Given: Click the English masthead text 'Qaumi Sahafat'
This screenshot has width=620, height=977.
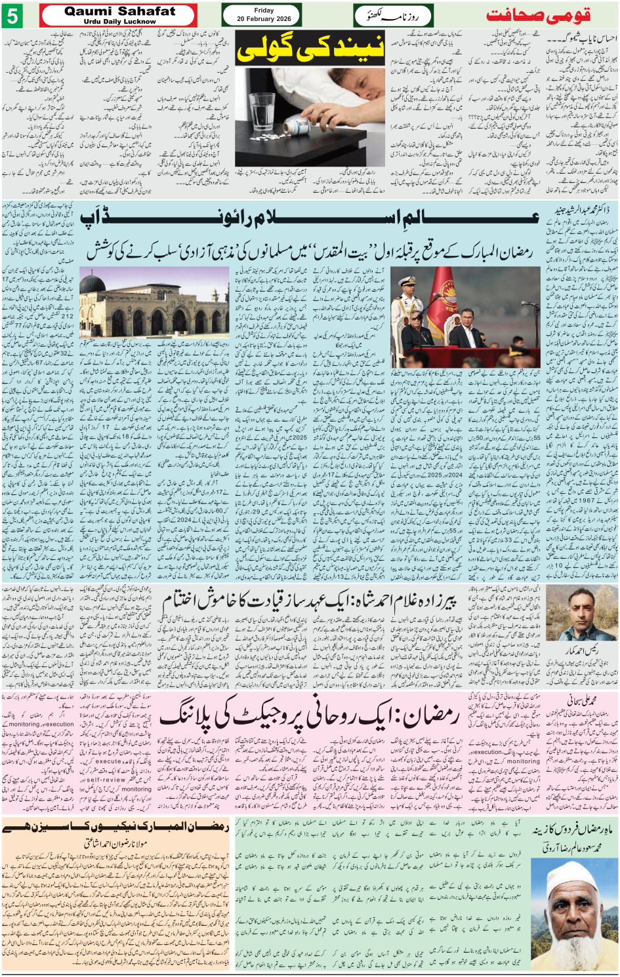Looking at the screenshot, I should [119, 11].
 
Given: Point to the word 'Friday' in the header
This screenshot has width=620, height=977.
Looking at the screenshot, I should [264, 10].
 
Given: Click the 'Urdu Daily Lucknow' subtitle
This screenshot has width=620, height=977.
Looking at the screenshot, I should [119, 22].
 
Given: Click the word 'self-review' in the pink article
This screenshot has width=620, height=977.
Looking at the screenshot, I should [106, 780].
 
